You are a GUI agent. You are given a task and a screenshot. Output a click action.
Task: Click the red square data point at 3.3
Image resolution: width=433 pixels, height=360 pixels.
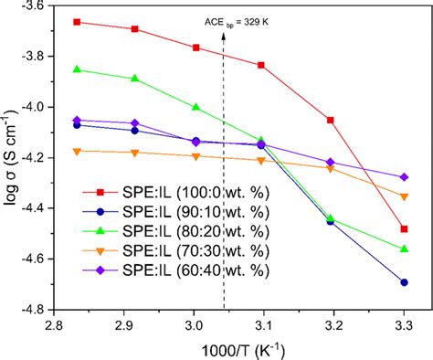(x=404, y=229)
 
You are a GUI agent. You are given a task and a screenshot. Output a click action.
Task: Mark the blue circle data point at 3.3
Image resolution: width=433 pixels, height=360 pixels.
(x=404, y=282)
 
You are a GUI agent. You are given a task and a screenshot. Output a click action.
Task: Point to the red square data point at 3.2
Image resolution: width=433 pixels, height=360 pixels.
(x=331, y=120)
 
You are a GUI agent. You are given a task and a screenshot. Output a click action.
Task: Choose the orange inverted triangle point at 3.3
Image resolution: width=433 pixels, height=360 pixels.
(x=404, y=196)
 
